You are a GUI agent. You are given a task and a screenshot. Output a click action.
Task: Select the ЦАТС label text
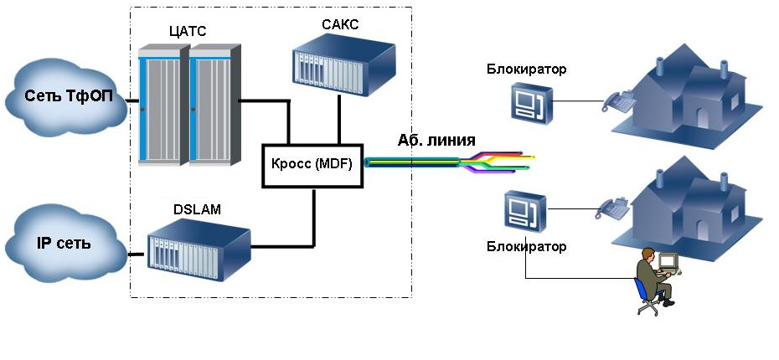[187, 32]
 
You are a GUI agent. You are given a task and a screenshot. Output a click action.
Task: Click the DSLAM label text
[200, 210]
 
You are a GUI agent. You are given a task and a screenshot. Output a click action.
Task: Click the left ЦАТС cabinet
[163, 104]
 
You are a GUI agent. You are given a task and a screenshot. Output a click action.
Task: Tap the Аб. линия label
[436, 141]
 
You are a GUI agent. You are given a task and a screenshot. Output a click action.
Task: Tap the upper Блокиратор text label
[526, 69]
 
